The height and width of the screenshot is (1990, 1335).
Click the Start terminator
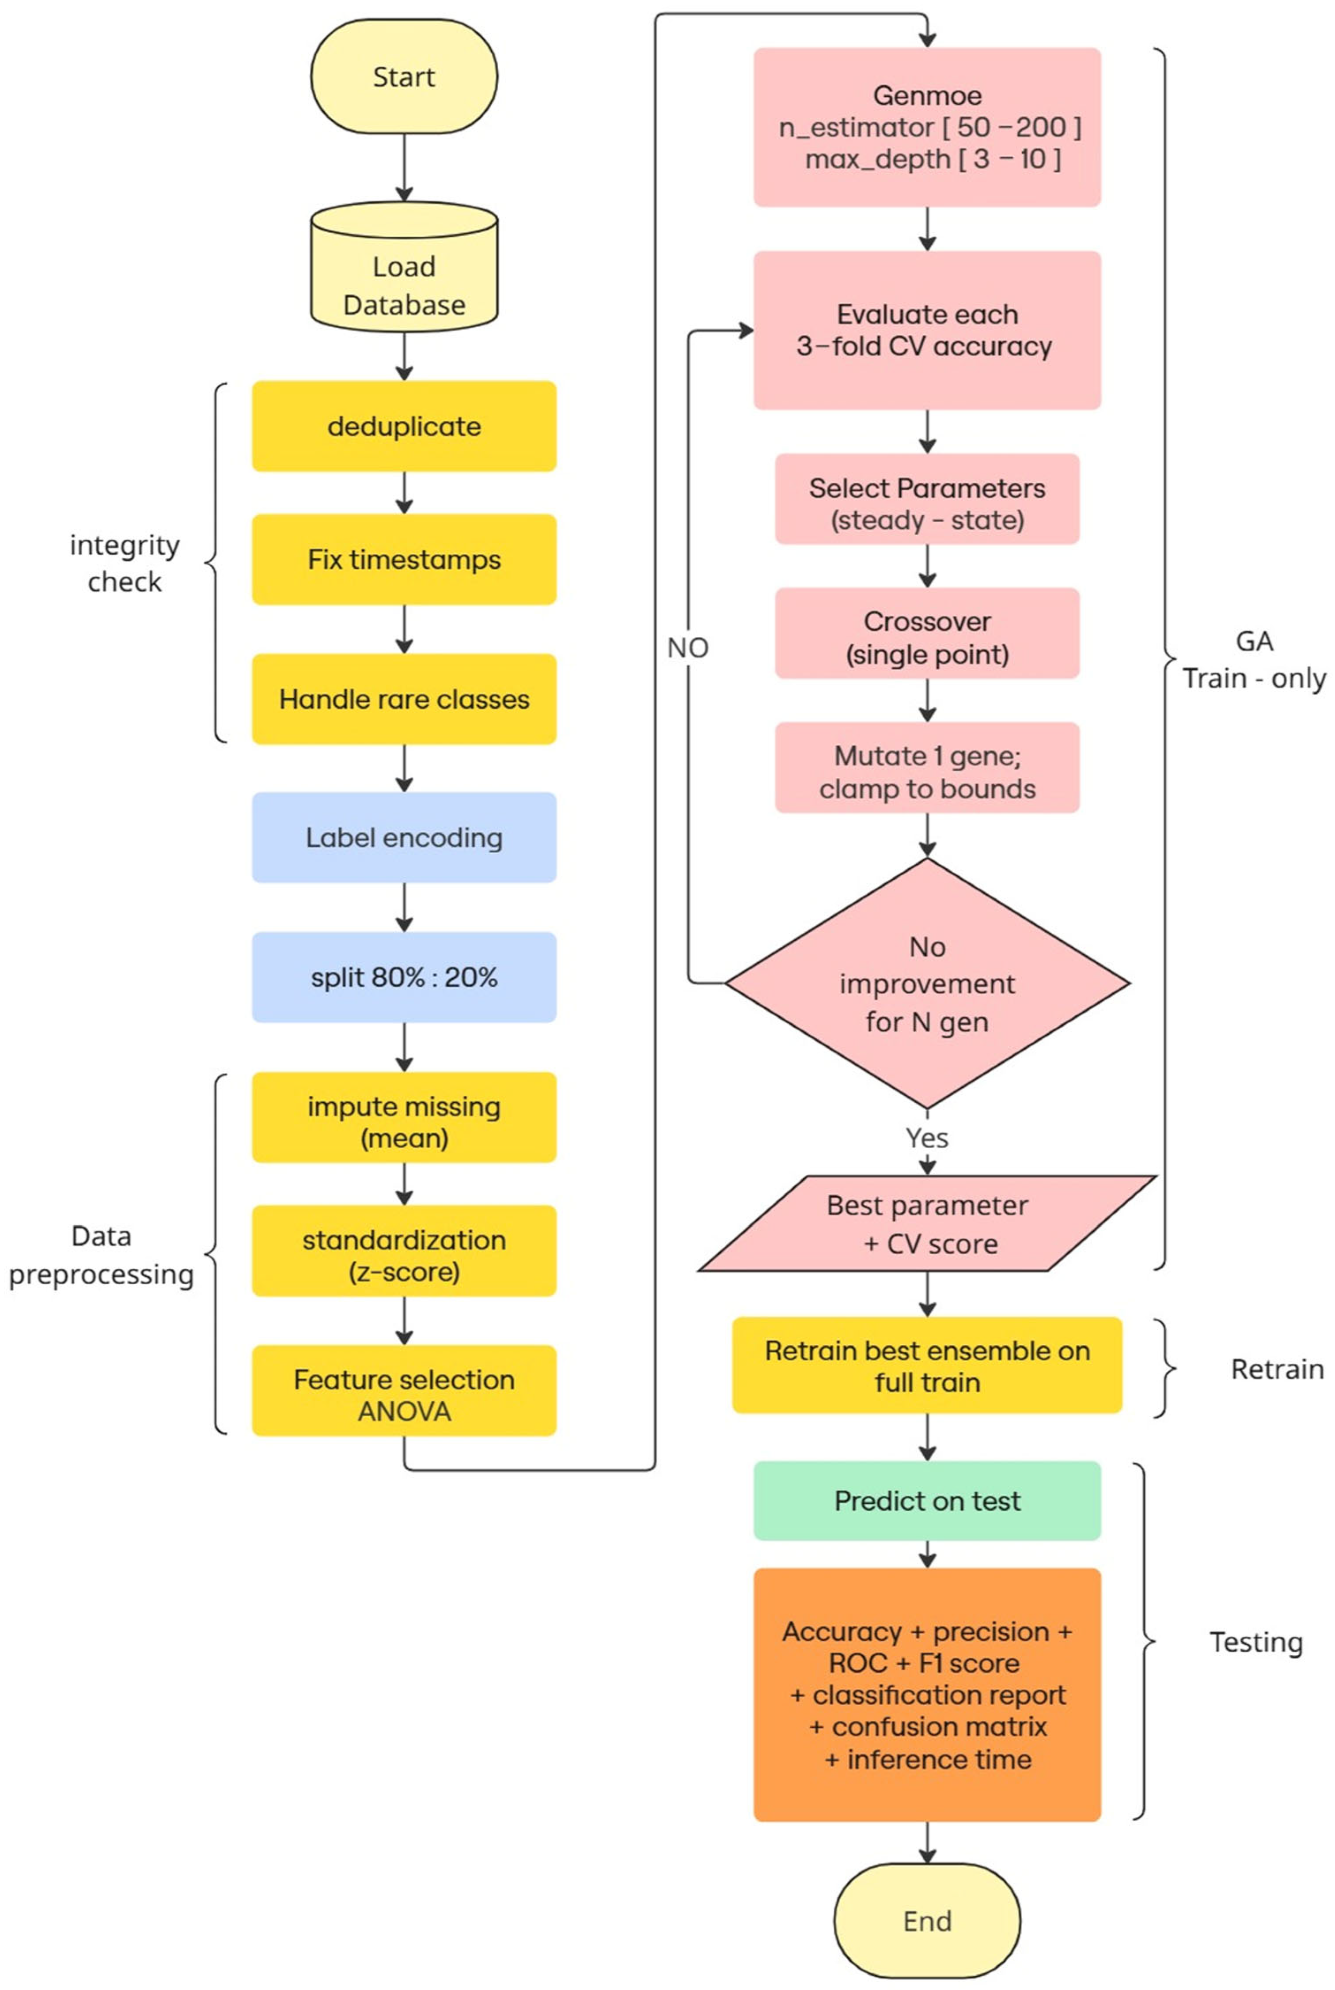[404, 76]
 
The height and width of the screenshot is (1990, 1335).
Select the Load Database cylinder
[404, 266]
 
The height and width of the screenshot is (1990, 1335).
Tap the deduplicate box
[404, 427]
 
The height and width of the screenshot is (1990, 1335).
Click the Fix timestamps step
[404, 559]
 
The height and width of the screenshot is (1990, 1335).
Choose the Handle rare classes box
[404, 699]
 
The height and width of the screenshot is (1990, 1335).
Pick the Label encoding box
[404, 837]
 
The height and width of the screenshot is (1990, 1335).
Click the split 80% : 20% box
[404, 977]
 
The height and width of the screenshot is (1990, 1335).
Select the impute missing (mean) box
[404, 1118]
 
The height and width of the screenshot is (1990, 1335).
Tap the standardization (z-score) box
[404, 1250]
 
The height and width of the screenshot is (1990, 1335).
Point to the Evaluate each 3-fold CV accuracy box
[927, 330]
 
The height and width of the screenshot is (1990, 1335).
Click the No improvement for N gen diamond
[927, 983]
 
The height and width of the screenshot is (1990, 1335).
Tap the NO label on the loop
[688, 648]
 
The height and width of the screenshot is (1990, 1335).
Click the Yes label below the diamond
[927, 1138]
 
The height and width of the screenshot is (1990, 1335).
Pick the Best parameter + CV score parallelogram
[927, 1224]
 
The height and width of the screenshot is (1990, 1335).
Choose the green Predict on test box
[927, 1501]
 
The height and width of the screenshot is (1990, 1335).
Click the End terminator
[927, 1921]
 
